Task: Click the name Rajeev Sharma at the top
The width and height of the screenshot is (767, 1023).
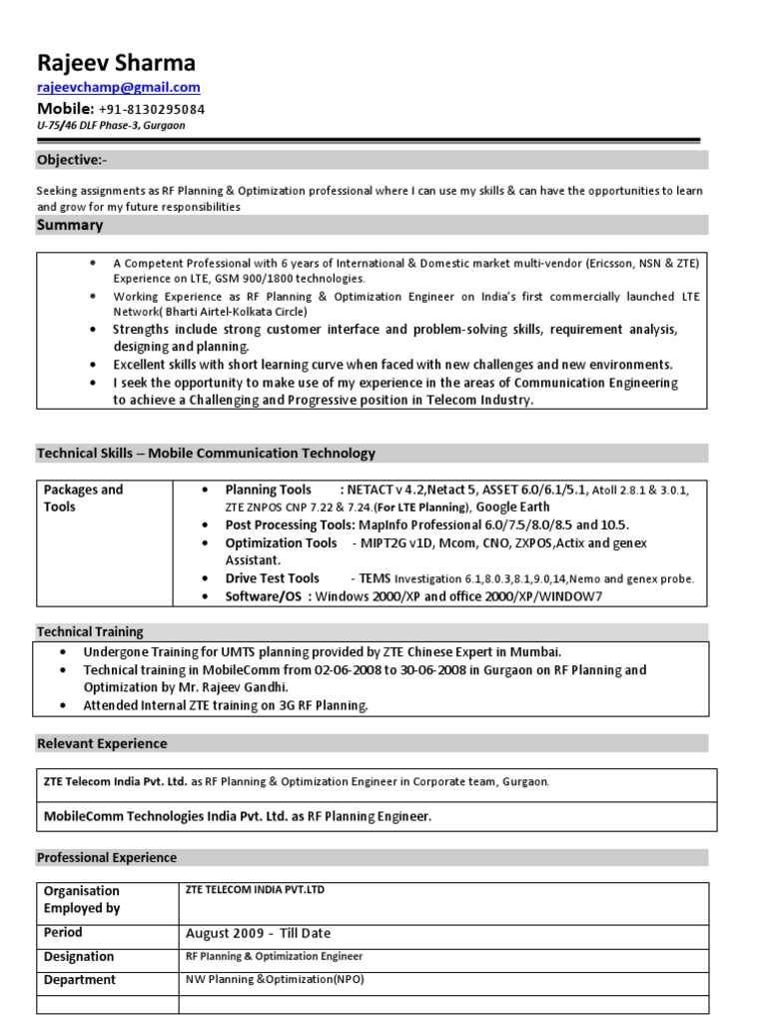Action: (x=117, y=63)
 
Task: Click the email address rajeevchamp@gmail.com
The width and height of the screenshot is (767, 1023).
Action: (x=119, y=88)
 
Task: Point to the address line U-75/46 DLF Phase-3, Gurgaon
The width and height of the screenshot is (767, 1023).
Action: (x=111, y=126)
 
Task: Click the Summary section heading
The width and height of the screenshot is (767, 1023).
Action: (x=70, y=225)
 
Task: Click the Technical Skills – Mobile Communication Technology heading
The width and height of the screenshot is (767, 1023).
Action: (x=207, y=454)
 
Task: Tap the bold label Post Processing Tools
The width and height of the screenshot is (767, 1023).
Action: (x=289, y=524)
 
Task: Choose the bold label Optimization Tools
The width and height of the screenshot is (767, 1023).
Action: (x=281, y=542)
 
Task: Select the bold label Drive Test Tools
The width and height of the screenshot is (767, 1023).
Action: (x=273, y=578)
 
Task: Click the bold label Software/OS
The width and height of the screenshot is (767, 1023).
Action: (x=265, y=596)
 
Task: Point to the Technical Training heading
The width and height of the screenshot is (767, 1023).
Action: (x=90, y=631)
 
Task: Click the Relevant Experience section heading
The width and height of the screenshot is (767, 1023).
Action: (x=102, y=743)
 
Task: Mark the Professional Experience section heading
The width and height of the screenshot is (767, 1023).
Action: (x=107, y=857)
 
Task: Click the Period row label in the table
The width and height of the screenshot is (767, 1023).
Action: (x=64, y=933)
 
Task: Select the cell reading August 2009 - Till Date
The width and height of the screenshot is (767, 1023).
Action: (x=258, y=934)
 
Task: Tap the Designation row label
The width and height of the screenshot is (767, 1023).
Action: (x=79, y=957)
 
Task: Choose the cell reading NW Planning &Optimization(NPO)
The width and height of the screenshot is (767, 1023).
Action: (x=275, y=979)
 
